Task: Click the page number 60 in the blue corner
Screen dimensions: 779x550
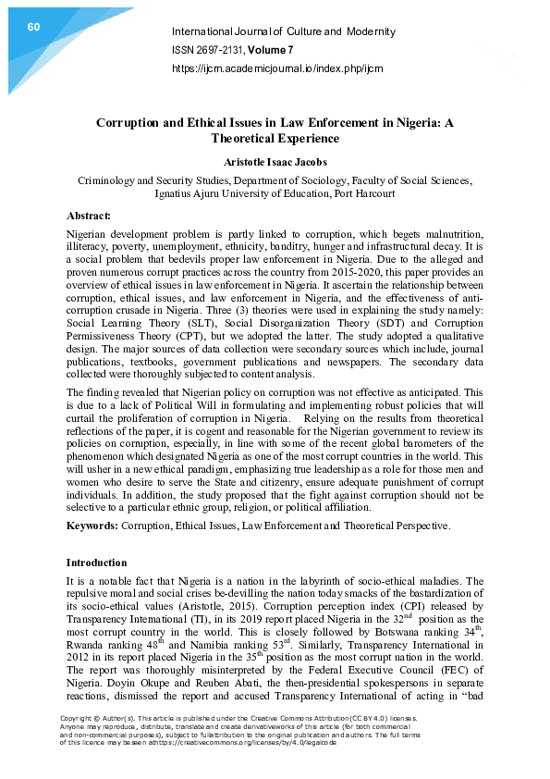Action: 33,27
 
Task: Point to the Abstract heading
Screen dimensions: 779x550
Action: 89,216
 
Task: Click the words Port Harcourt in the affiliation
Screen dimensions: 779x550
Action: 365,193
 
